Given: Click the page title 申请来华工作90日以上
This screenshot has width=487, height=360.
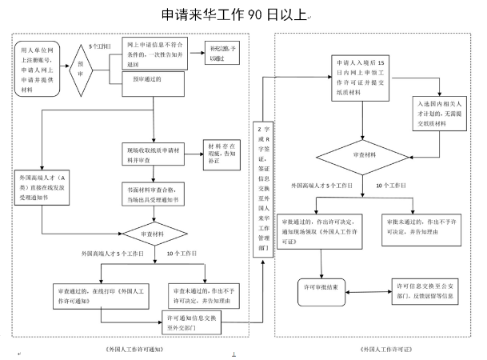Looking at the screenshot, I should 234,14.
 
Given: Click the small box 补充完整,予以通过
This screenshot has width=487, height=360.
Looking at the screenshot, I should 218,53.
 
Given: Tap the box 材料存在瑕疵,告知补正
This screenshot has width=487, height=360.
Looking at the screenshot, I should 225,152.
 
